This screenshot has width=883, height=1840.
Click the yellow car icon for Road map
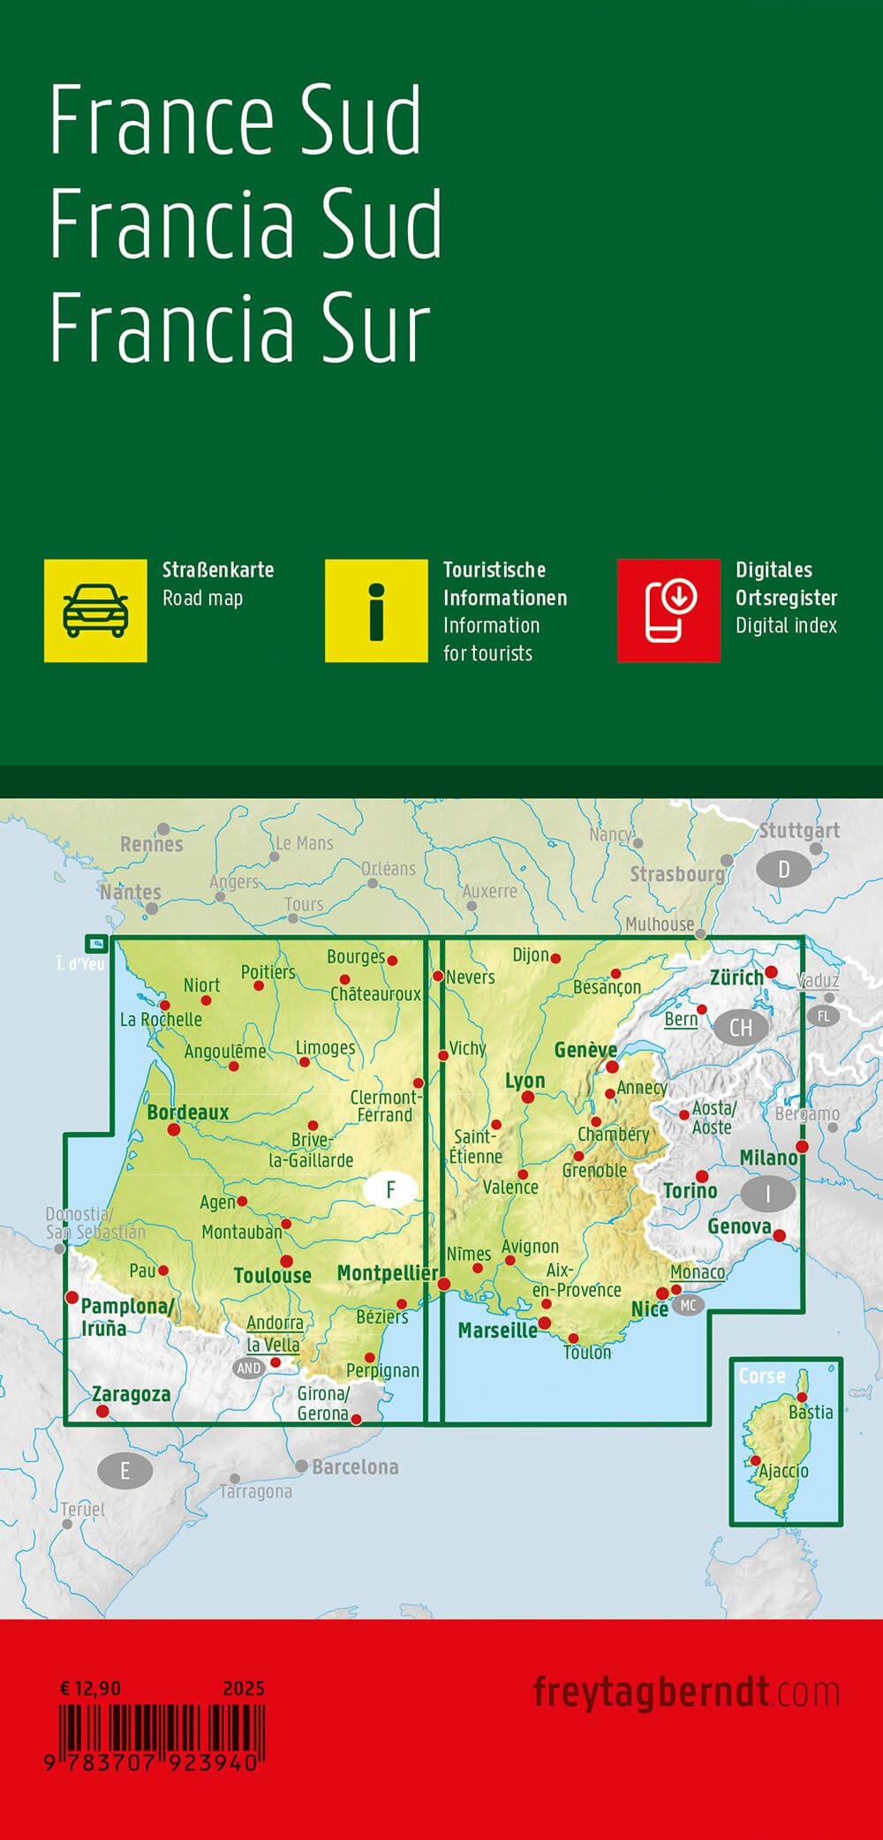coord(95,610)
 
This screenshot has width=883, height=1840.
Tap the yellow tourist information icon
coord(376,610)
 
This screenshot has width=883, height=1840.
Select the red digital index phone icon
coord(668,610)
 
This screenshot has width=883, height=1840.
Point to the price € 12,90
coord(90,1688)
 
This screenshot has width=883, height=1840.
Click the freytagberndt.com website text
coord(685,1693)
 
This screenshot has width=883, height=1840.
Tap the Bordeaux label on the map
coord(187,1112)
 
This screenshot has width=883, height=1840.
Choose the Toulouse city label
coord(272,1275)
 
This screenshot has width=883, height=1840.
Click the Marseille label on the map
coord(497,1330)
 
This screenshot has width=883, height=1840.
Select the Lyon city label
coord(525,1081)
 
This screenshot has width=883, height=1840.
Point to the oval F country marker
coord(390,1190)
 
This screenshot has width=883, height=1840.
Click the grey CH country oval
coord(741,1027)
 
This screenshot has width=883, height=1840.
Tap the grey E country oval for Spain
coord(125,1470)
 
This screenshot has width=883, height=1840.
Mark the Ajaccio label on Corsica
coord(784,1471)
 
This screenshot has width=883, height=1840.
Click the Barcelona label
coord(355,1467)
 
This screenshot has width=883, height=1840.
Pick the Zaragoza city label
coord(132,1394)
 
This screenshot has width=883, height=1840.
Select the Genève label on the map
coord(585,1050)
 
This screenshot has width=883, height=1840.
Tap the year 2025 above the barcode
coord(244,1688)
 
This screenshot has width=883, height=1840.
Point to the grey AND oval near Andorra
coord(249,1368)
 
